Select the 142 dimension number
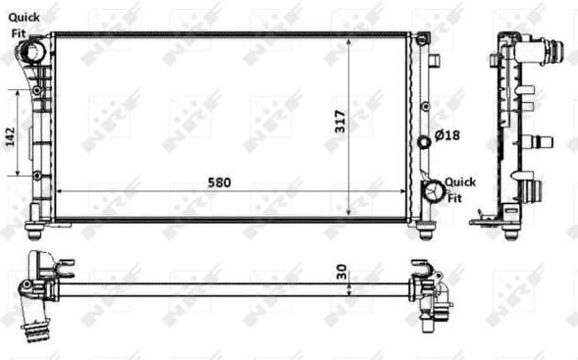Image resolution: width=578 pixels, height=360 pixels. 10,134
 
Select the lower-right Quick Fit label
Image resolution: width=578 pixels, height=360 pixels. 459,188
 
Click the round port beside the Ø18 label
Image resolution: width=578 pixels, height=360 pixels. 424,142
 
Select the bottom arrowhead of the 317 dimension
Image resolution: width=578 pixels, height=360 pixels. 351,213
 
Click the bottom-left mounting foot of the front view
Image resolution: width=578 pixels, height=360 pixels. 33,231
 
